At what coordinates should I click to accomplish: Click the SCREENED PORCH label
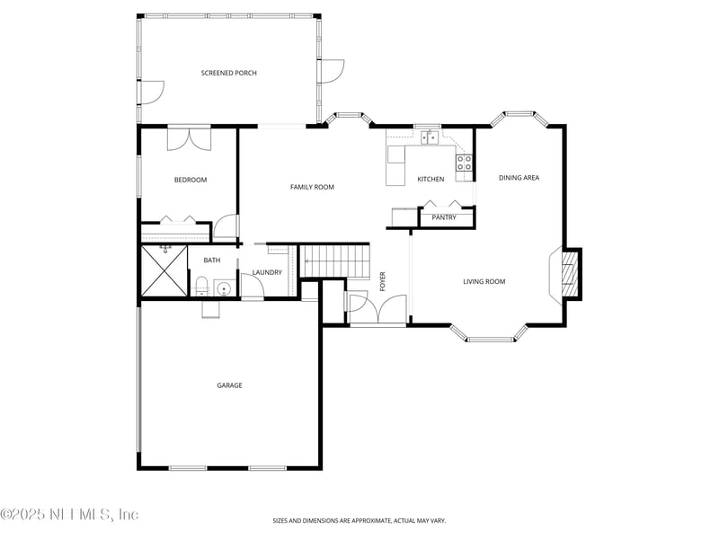click(228, 73)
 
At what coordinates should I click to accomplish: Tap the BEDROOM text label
click(190, 180)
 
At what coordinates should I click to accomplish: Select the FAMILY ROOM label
click(312, 187)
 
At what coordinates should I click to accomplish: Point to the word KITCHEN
click(431, 179)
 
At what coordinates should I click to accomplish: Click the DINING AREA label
click(519, 178)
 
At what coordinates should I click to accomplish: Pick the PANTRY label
click(444, 217)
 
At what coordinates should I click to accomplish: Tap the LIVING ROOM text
click(484, 282)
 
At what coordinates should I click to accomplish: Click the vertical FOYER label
click(382, 280)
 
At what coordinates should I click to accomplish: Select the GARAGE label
click(229, 385)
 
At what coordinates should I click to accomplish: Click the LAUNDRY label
click(267, 272)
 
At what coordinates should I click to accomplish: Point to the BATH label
click(211, 261)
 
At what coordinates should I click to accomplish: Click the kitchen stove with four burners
click(465, 163)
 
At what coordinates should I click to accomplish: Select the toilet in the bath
click(201, 287)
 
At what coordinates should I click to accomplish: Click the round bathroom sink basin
click(223, 288)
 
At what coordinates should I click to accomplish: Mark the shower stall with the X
click(163, 270)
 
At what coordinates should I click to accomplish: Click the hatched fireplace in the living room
click(568, 273)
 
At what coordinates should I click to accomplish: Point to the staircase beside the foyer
click(334, 261)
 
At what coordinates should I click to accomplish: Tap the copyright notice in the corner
click(70, 515)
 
